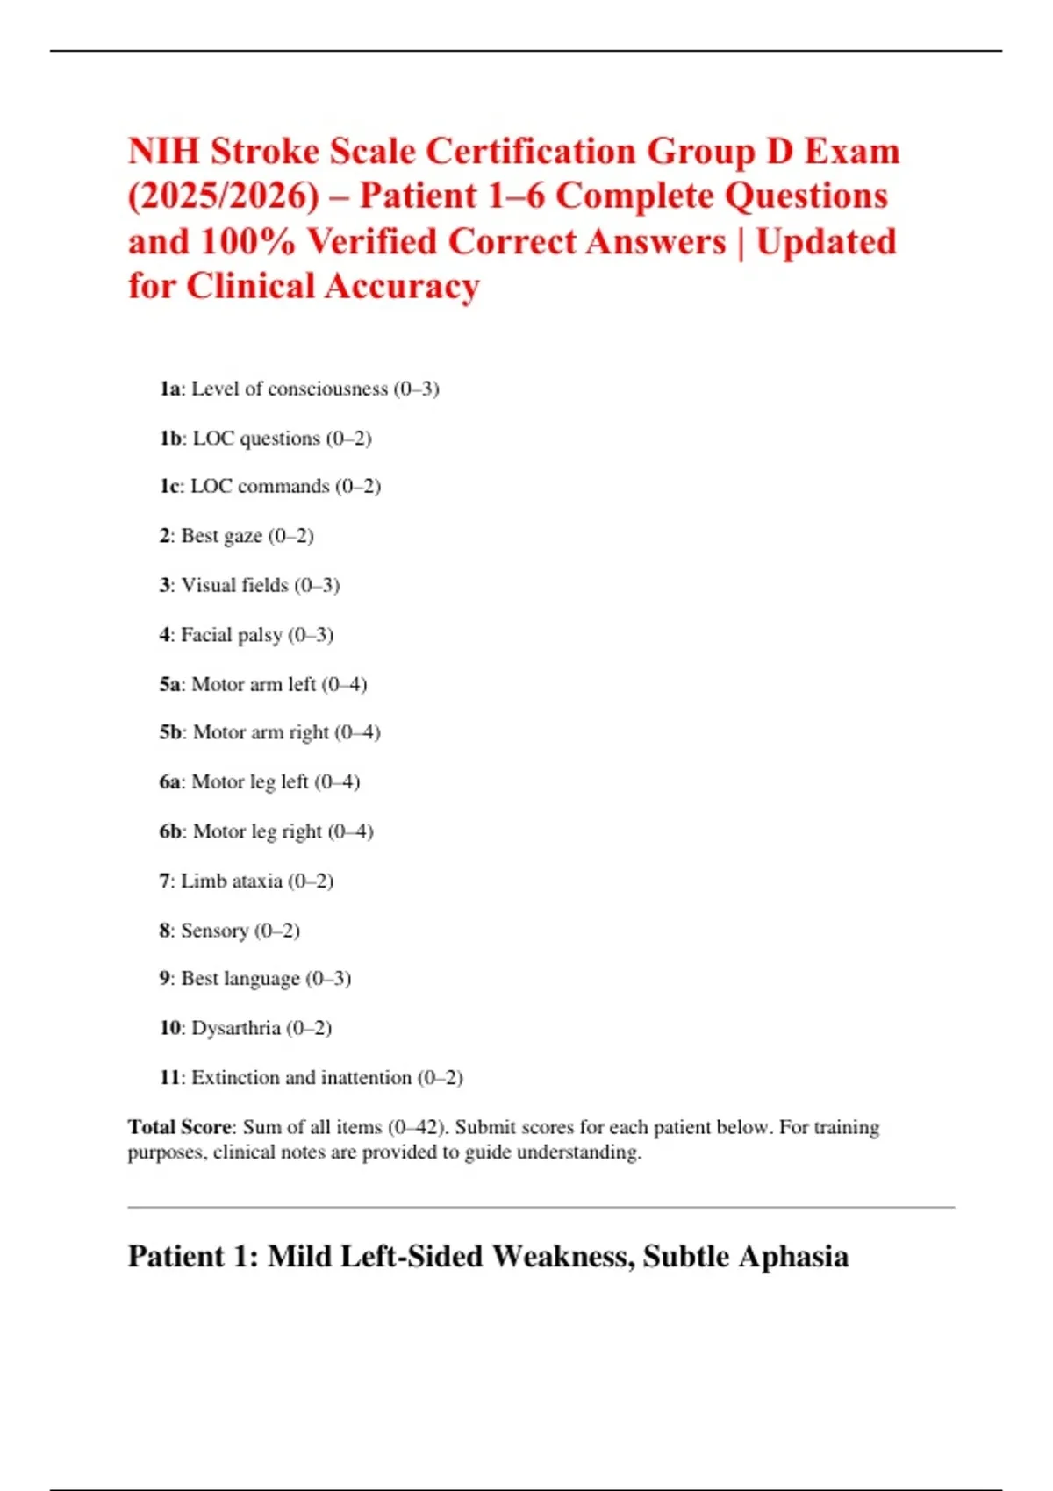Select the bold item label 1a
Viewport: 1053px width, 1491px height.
169,389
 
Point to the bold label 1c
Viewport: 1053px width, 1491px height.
169,486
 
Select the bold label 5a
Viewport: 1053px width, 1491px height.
170,684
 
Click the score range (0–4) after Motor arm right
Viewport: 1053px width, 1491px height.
357,732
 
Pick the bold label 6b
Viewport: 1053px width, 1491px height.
171,831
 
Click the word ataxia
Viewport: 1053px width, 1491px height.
258,881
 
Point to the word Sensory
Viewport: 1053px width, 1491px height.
214,931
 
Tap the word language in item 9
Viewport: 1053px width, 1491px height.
259,979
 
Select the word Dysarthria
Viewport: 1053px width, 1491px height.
235,1028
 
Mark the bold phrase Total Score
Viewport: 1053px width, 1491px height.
180,1127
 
